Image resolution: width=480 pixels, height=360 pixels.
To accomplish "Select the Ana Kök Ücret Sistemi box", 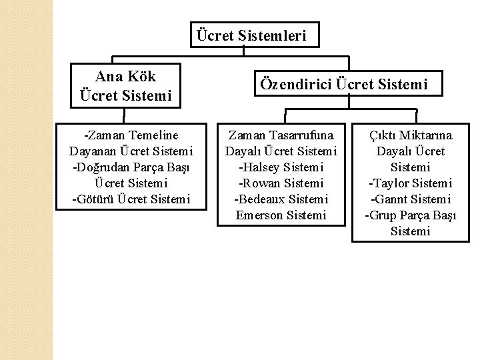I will pyautogui.click(x=126, y=86).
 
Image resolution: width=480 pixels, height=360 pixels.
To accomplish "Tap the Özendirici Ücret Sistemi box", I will pyautogui.click(x=343, y=85).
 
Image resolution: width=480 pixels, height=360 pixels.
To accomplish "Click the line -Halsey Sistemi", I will pyautogui.click(x=281, y=167).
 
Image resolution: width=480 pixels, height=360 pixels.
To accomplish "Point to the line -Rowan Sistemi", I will pyautogui.click(x=281, y=183).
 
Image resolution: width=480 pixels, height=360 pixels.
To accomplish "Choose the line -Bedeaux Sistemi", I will pyautogui.click(x=281, y=199).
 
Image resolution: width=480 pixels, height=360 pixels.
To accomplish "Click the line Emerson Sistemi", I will pyautogui.click(x=281, y=215).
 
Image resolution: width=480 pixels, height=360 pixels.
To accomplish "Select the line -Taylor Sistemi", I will pyautogui.click(x=410, y=183).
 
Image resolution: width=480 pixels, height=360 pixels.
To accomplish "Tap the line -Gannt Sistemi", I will pyautogui.click(x=410, y=199).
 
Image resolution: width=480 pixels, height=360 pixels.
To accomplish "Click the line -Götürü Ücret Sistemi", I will pyautogui.click(x=131, y=199).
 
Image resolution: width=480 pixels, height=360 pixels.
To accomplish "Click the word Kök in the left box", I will pyautogui.click(x=143, y=76).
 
